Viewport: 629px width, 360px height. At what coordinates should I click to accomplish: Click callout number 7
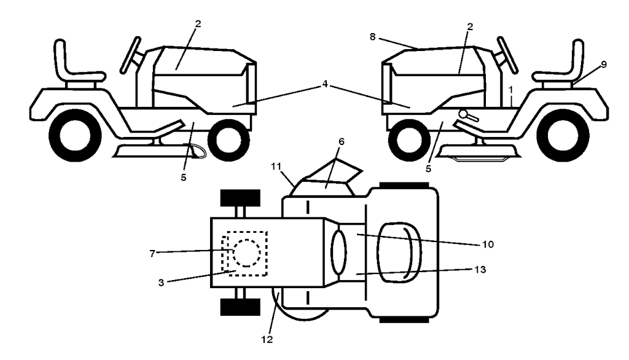coord(152,254)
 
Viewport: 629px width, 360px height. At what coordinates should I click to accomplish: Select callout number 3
coord(162,283)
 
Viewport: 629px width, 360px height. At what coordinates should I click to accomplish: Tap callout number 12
coord(267,340)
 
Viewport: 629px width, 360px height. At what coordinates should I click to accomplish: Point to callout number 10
coord(488,245)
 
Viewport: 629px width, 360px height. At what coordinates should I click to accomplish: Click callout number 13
coord(480,269)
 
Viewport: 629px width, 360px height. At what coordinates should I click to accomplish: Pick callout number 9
coord(604,65)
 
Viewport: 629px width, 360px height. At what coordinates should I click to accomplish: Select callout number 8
coord(373,37)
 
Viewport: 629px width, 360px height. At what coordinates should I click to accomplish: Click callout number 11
coord(276,166)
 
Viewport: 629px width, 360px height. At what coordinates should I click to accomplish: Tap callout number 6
coord(342,142)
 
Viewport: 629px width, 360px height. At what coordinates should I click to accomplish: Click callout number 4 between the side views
coord(325,84)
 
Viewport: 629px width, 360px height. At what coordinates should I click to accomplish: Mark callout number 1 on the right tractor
coord(510,90)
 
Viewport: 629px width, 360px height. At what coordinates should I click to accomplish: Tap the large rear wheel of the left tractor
coord(75,135)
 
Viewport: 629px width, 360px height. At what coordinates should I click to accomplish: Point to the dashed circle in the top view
coord(246,253)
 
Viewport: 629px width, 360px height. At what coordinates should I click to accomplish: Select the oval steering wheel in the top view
coord(338,252)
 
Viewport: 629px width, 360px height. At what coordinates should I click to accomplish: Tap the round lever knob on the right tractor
coord(464,114)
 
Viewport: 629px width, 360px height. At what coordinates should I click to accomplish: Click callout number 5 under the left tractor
coord(183,177)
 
